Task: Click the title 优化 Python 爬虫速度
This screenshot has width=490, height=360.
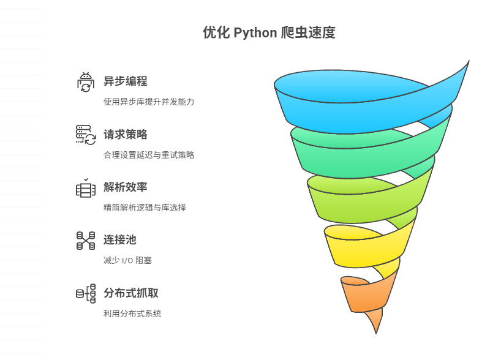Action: pos(269,33)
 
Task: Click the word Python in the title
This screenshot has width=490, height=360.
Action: pos(255,33)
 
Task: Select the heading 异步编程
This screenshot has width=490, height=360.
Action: pos(125,81)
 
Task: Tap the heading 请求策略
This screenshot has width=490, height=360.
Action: pos(125,135)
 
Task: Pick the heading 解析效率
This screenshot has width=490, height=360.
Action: pos(125,187)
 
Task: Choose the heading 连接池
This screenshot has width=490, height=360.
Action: pos(119,240)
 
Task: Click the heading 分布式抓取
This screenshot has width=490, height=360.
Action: pos(130,293)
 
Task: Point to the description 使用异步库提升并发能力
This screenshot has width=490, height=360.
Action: pos(149,102)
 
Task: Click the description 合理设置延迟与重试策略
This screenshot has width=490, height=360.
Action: pos(149,155)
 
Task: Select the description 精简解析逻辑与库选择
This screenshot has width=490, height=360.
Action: pos(145,208)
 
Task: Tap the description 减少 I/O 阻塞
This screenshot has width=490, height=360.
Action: pos(127,260)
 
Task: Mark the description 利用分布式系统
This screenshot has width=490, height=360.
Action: pos(132,313)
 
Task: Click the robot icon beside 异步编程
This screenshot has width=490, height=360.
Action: pos(86,82)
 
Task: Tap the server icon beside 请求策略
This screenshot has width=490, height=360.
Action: pos(86,135)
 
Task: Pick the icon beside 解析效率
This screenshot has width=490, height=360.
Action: pos(86,188)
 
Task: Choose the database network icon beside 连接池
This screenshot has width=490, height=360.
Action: pos(86,241)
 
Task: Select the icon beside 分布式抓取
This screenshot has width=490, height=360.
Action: pos(86,293)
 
